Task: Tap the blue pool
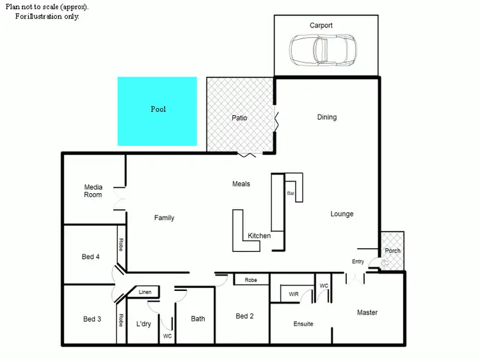[x=157, y=111]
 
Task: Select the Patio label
[x=239, y=118]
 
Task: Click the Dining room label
[x=326, y=117]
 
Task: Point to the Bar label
[x=291, y=192]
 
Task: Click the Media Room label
[x=93, y=191]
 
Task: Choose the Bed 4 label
[x=91, y=257]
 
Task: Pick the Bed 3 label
[x=92, y=319]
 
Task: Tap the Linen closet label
[x=145, y=292]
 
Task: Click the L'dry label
[x=143, y=324]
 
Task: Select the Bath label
[x=198, y=318]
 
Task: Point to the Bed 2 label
[x=245, y=316]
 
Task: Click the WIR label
[x=293, y=294]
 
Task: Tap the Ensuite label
[x=303, y=324]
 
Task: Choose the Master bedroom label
[x=367, y=312]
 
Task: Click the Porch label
[x=392, y=251]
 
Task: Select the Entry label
[x=358, y=262]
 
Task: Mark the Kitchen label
[x=259, y=236]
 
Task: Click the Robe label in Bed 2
[x=250, y=279]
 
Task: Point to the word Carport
[x=321, y=26]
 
